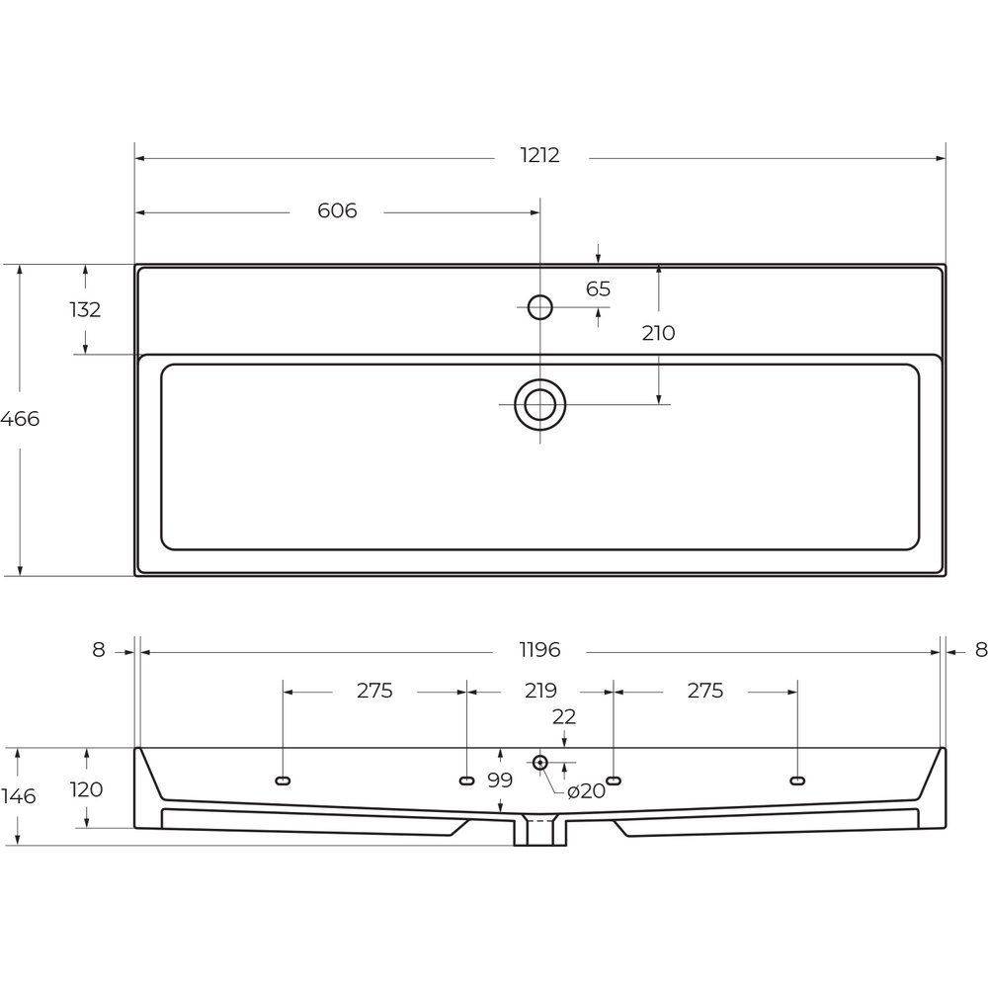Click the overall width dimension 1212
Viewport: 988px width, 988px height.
[540, 155]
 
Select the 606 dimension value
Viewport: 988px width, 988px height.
[337, 209]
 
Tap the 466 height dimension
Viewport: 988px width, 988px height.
[20, 418]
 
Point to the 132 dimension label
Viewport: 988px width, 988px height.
[85, 309]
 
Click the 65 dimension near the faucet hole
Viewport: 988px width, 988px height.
[598, 288]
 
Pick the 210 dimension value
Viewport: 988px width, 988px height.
[658, 333]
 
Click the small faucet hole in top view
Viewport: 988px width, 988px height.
[540, 307]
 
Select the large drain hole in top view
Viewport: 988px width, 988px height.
[540, 404]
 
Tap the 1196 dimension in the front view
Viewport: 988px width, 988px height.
[540, 650]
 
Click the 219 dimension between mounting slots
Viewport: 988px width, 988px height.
[540, 691]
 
